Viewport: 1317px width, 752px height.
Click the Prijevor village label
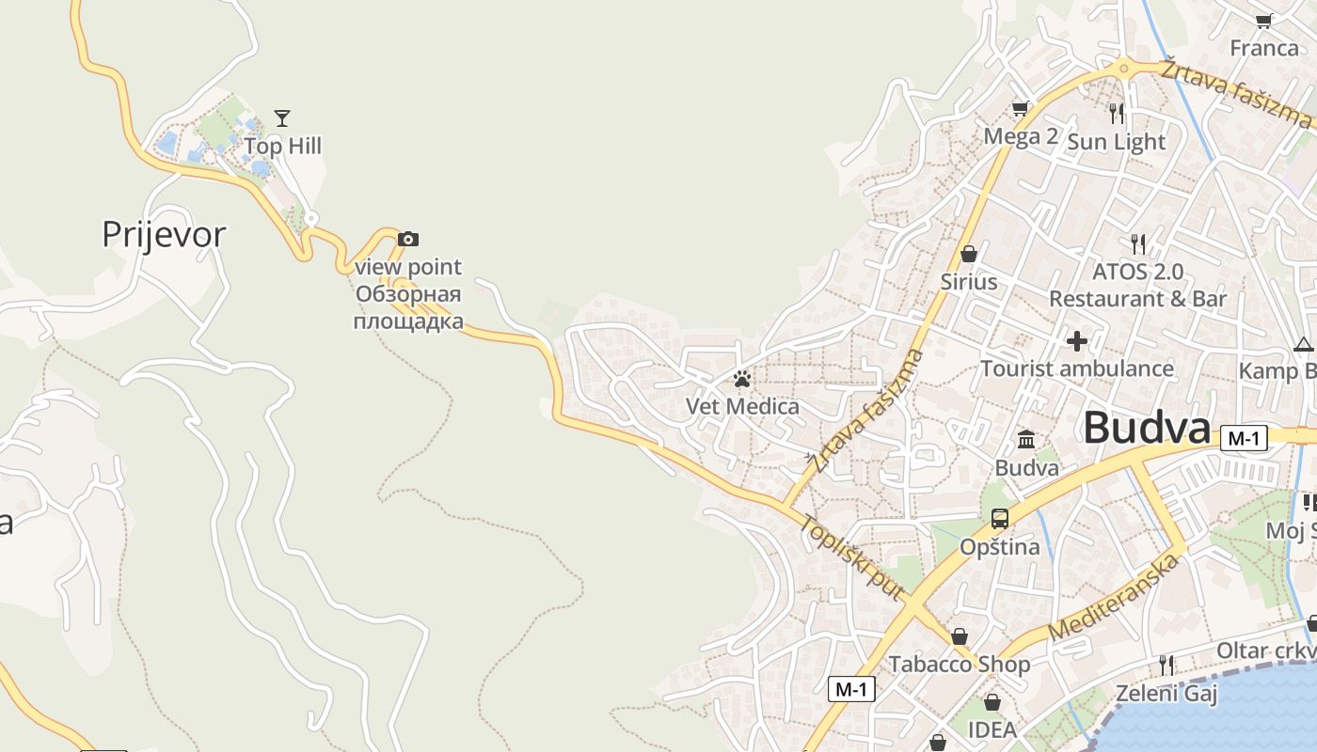(x=164, y=234)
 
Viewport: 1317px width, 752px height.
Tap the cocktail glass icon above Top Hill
(x=282, y=117)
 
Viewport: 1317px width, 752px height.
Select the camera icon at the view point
(x=407, y=240)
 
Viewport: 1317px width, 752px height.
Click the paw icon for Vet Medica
(x=742, y=380)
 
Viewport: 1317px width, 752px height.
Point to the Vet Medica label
(x=742, y=407)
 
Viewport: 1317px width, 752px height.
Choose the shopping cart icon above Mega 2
(x=1020, y=109)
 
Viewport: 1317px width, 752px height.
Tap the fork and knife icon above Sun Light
(x=1117, y=114)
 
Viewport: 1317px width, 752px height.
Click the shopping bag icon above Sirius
(x=968, y=254)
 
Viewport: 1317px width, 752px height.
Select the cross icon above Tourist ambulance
(x=1077, y=340)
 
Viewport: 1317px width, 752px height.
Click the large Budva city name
(x=1146, y=429)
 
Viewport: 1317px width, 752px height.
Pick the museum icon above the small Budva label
(x=1026, y=439)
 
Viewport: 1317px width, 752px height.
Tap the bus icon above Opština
(x=999, y=518)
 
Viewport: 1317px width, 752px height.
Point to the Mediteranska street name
(x=1114, y=598)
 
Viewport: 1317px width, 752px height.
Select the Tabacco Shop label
(x=960, y=665)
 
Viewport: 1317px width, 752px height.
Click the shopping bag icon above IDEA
(x=992, y=702)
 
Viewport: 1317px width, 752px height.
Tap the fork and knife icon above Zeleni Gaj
(x=1166, y=666)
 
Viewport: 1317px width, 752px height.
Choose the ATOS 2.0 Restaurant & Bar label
(x=1137, y=285)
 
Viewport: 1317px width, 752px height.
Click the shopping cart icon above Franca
(x=1263, y=21)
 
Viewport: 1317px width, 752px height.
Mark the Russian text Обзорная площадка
(x=408, y=308)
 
